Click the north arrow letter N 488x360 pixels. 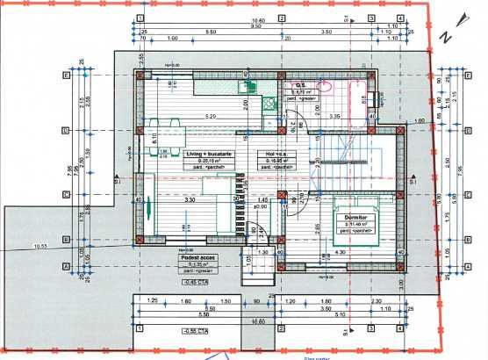pos(447,37)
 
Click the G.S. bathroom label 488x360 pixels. pos(298,84)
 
